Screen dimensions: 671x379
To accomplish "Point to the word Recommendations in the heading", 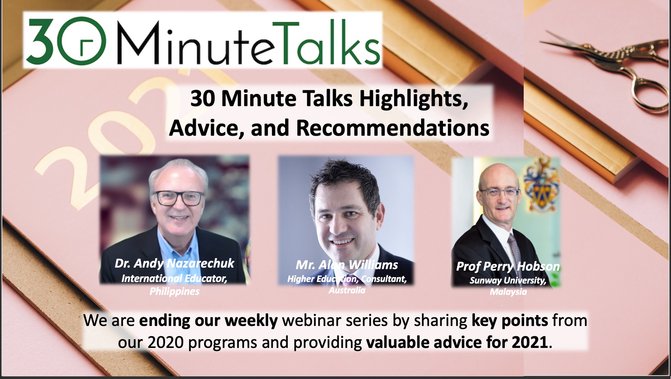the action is (392, 128).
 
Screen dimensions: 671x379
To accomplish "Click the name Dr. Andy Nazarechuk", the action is (175, 263).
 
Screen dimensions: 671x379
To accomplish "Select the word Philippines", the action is (174, 291).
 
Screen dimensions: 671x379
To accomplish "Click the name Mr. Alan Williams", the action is (347, 265).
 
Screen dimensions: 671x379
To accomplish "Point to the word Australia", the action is (347, 290).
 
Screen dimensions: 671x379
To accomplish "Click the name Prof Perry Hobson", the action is (508, 266).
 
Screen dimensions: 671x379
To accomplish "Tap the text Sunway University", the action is (508, 280).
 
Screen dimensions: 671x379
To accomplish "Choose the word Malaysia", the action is (508, 292).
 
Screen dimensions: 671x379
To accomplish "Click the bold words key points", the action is (510, 321).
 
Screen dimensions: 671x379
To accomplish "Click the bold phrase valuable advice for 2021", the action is (457, 343).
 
